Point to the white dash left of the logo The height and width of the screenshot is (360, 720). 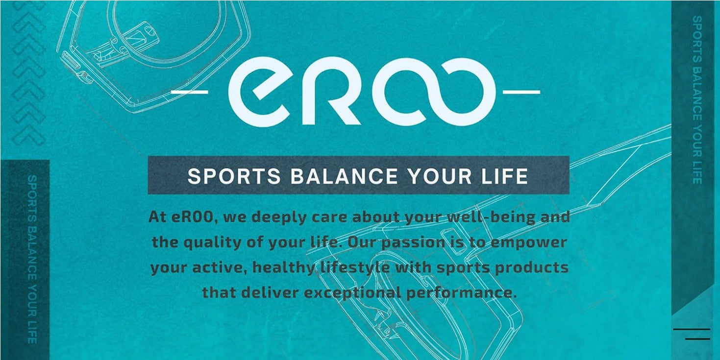190,92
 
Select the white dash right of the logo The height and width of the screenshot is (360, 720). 521,92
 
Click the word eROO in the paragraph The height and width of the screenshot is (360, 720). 194,217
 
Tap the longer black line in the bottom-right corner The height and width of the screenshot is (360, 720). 692,329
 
